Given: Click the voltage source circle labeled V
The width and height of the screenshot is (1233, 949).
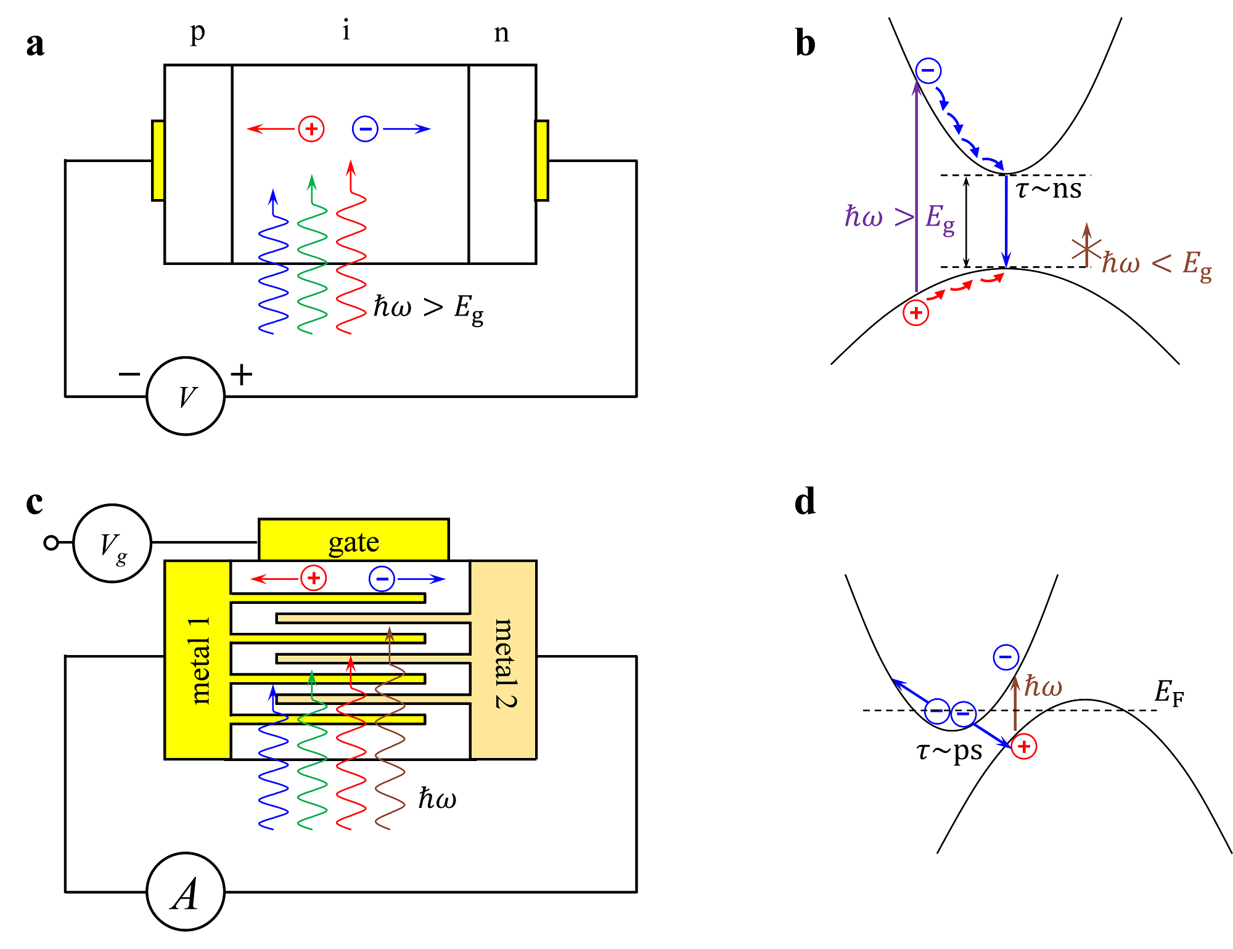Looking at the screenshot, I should pos(186,396).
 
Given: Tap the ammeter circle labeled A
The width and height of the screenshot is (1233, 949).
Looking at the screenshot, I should pos(186,892).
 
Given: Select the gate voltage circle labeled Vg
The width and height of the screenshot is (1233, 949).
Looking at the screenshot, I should pos(112,543).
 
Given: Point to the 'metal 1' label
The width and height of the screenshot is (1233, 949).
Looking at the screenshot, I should pos(199,660).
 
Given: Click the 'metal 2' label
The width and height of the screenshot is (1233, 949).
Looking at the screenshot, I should pos(505,663).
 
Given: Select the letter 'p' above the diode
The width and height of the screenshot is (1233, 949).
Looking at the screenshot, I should pos(197,32).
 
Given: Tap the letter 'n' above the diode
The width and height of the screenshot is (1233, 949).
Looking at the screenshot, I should pos(502,33).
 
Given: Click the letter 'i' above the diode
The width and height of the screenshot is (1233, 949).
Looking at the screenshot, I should pos(346,30).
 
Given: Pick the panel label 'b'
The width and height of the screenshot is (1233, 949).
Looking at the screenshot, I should pos(805,44).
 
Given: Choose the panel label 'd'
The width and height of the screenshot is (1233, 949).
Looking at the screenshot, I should pos(805,501).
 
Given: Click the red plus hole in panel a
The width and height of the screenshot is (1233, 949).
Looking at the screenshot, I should pos(311,129).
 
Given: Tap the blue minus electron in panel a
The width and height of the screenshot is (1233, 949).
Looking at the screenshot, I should pos(365,129).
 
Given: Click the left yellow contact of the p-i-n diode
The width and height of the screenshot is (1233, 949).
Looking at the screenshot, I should pos(158,160).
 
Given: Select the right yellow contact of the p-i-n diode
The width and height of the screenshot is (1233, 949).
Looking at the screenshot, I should pos(542,160).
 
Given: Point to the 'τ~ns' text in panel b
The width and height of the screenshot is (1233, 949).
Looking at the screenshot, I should pos(1049,189).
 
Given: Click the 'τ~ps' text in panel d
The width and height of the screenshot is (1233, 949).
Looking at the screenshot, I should pos(949,751).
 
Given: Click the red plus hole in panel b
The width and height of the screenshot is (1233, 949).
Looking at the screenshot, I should pos(916,313).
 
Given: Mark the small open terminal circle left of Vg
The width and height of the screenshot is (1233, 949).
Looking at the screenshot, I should pos(51,543).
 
